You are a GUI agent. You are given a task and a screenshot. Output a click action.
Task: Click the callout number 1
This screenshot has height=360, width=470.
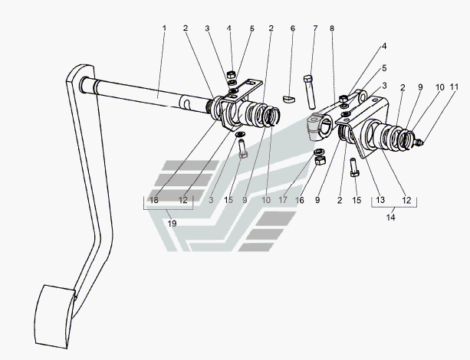(x=164, y=28)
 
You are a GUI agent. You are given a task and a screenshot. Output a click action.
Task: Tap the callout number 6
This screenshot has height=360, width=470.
(x=293, y=28)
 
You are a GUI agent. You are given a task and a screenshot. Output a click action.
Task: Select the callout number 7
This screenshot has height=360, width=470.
(x=315, y=28)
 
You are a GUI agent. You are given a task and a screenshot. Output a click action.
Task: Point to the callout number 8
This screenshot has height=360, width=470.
(x=332, y=28)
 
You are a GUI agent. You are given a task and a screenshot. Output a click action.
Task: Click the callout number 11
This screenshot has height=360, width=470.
(x=454, y=87)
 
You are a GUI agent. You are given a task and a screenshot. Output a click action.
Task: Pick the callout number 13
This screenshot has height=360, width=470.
(x=380, y=200)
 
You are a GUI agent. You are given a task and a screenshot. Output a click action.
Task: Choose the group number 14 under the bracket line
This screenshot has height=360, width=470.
(x=390, y=218)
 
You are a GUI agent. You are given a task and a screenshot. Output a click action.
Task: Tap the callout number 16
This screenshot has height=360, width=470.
(x=300, y=200)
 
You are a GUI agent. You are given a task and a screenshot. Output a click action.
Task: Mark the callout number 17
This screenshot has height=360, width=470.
(x=283, y=200)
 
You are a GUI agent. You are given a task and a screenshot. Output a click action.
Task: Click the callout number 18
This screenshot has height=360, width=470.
(x=154, y=200)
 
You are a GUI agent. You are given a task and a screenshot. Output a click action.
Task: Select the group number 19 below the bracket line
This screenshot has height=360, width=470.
(x=172, y=224)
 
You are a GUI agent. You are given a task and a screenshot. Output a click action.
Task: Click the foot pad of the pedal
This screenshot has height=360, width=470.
(x=54, y=317)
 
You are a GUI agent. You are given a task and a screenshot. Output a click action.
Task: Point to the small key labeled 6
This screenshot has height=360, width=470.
(x=289, y=99)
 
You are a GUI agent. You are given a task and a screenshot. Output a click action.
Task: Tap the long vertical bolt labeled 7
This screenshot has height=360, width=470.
(x=310, y=92)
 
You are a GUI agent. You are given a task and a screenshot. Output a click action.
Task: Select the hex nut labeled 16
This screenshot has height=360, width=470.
(x=320, y=160)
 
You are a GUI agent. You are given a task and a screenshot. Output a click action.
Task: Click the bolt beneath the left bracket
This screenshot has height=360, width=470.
(x=242, y=149)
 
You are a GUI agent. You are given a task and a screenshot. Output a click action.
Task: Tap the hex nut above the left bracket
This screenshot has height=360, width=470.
(x=231, y=74)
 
